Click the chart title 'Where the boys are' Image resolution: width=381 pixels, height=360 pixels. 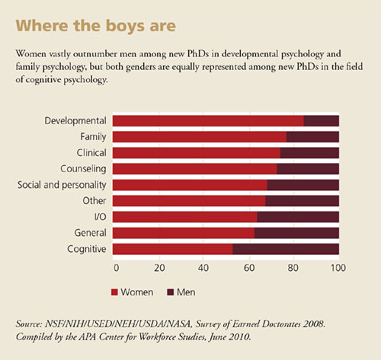click(96, 26)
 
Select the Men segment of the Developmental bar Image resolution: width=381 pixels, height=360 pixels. click(322, 121)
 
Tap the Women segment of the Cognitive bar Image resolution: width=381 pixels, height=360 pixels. click(173, 249)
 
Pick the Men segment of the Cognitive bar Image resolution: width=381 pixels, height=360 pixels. click(286, 249)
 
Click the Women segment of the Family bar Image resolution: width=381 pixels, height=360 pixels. click(200, 137)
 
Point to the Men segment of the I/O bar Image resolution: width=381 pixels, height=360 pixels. click(298, 217)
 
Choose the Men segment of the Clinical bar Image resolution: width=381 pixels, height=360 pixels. click(309, 153)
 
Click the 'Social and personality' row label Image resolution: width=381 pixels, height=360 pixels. click(62, 185)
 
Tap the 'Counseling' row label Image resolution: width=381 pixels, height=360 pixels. click(83, 169)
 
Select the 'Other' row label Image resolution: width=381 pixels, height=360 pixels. click(94, 201)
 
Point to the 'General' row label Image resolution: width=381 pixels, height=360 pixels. click(90, 233)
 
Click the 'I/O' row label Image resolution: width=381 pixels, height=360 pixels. click(100, 217)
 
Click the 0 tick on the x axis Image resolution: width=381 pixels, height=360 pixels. click(116, 268)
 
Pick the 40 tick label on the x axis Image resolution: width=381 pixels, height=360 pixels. click(203, 268)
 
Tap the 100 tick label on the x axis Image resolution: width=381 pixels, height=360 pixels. click(338, 268)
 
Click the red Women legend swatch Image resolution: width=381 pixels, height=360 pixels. click(114, 292)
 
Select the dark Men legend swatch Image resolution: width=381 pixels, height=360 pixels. click(170, 292)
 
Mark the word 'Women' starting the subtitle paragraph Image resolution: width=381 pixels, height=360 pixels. click(31, 54)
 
